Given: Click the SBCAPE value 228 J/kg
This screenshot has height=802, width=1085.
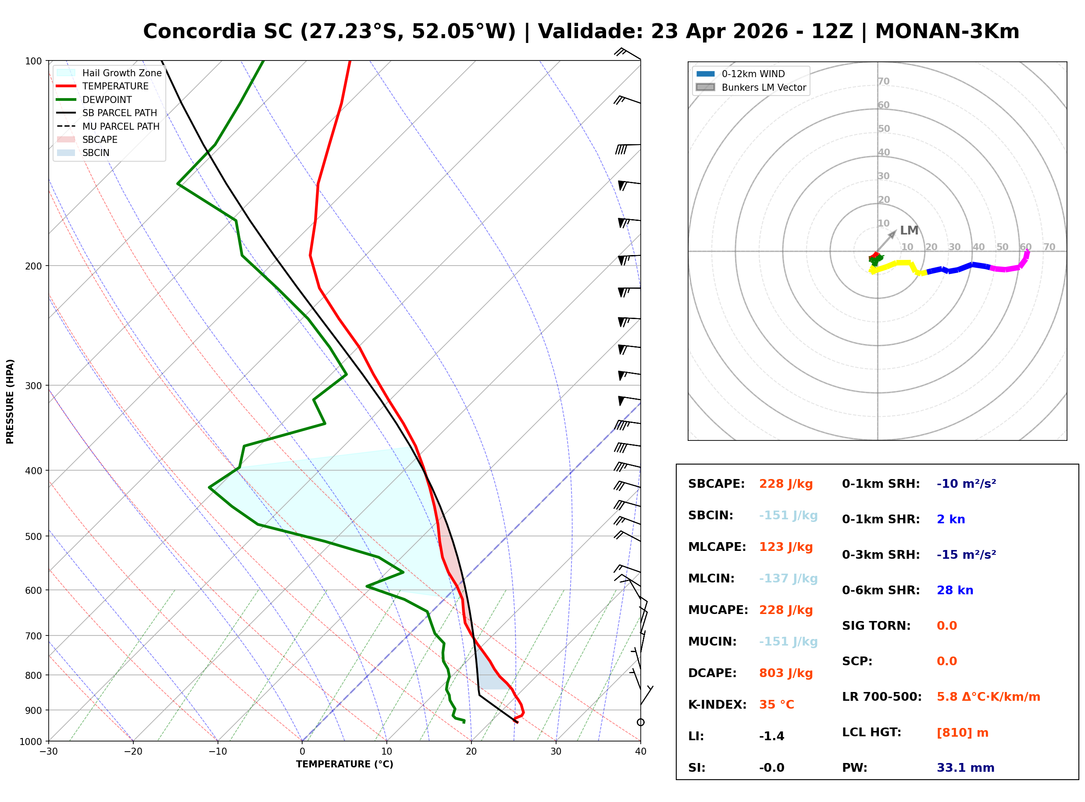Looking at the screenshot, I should pyautogui.click(x=785, y=484).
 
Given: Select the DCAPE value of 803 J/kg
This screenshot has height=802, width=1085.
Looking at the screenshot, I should pyautogui.click(x=785, y=673).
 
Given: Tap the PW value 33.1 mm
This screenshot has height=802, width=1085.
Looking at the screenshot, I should pyautogui.click(x=965, y=768).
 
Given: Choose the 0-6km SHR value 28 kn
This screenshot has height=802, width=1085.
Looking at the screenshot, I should pyautogui.click(x=954, y=590).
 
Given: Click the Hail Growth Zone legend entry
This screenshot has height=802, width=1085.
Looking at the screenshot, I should pyautogui.click(x=121, y=73).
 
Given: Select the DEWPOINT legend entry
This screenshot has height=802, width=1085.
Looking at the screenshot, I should pyautogui.click(x=107, y=99).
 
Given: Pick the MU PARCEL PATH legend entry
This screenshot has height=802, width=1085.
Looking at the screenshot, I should pyautogui.click(x=121, y=126).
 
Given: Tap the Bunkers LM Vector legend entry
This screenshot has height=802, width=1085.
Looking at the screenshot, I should pyautogui.click(x=763, y=87).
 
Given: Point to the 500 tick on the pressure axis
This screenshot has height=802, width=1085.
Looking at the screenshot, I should pyautogui.click(x=33, y=536).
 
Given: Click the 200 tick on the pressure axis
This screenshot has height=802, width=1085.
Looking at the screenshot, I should pyautogui.click(x=33, y=266).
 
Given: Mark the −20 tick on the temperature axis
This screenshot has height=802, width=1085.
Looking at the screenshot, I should pyautogui.click(x=132, y=752).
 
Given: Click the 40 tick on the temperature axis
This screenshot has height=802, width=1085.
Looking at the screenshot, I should pyautogui.click(x=640, y=752).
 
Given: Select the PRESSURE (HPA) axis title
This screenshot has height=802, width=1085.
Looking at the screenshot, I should pyautogui.click(x=10, y=401).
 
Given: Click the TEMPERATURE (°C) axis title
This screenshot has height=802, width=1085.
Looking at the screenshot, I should pyautogui.click(x=344, y=765).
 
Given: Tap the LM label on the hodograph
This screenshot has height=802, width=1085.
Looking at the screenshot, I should pyautogui.click(x=909, y=231).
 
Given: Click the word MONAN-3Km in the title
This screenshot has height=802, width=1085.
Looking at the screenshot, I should pyautogui.click(x=946, y=32).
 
